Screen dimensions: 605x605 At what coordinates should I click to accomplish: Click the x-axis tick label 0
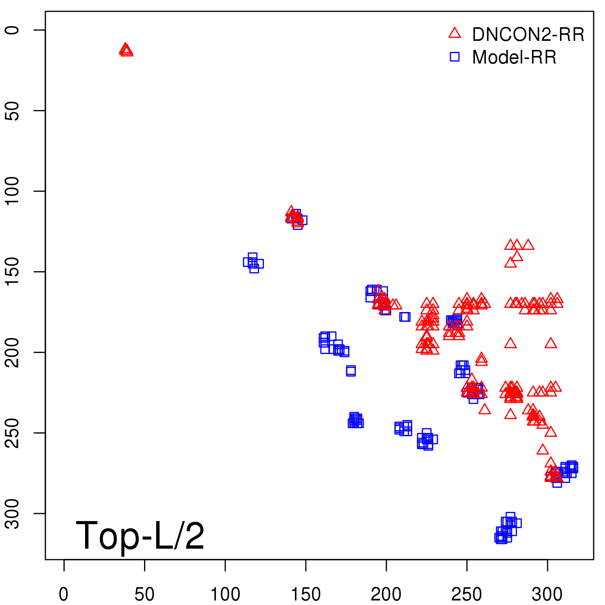click(x=64, y=594)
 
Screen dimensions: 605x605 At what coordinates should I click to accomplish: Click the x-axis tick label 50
click(x=144, y=594)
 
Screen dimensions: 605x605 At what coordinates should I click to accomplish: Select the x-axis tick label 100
click(x=225, y=594)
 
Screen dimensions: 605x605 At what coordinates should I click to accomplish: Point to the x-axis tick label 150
click(x=306, y=594)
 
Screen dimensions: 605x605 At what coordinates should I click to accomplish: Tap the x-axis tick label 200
click(x=386, y=594)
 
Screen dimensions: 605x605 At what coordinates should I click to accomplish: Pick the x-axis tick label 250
click(x=467, y=594)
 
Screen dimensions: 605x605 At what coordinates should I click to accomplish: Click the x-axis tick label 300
click(x=547, y=594)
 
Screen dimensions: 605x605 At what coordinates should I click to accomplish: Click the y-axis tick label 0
click(x=12, y=30)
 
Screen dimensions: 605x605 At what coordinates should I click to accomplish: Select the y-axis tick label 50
click(x=12, y=110)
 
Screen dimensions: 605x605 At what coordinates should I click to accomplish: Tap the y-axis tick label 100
click(x=12, y=191)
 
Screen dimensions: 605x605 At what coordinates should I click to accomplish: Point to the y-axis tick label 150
click(x=12, y=271)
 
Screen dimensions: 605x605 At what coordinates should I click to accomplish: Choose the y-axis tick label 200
click(x=12, y=352)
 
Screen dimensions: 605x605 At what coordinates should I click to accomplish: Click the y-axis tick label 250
click(x=12, y=433)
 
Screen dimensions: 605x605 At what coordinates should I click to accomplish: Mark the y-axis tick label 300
click(x=12, y=513)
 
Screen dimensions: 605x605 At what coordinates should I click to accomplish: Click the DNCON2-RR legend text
click(x=528, y=35)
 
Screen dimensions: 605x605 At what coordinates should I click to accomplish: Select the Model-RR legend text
click(x=514, y=57)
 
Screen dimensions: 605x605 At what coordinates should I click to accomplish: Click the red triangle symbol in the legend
click(x=455, y=33)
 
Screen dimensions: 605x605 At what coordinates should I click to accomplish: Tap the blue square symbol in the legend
click(x=455, y=57)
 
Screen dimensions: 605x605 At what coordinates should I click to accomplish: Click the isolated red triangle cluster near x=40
click(x=126, y=50)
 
